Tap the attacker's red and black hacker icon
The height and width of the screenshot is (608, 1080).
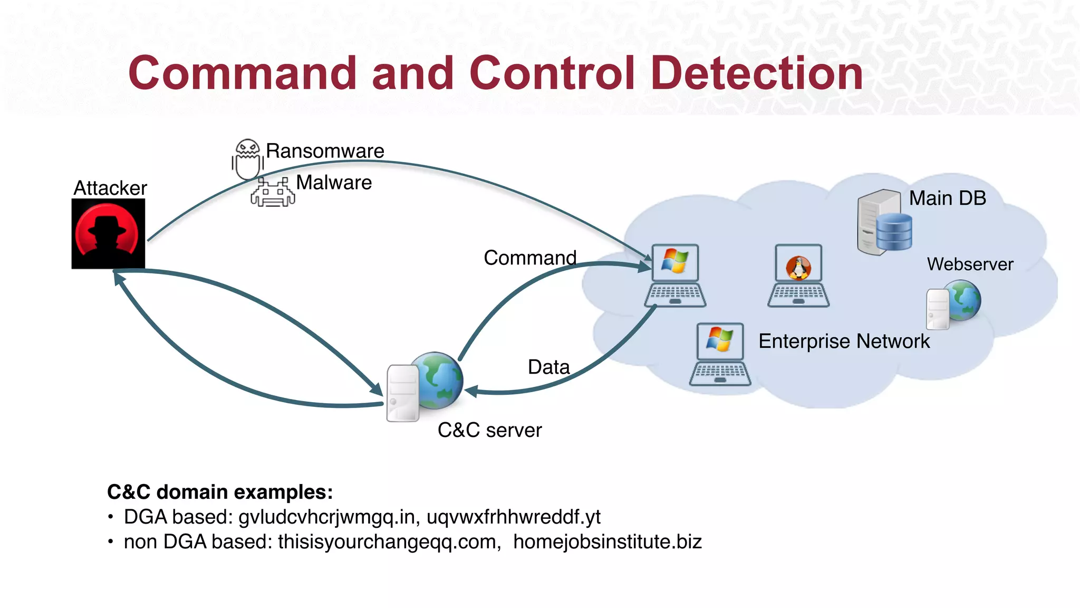(108, 234)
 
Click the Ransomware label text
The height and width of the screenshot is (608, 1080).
(325, 151)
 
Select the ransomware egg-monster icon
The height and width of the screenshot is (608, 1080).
(247, 158)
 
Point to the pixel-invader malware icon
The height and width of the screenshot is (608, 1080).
(273, 192)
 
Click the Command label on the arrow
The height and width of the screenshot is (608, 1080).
(529, 258)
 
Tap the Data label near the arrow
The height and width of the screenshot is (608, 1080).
(548, 367)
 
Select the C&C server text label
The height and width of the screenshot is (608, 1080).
(489, 430)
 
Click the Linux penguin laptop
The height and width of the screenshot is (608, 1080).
(798, 275)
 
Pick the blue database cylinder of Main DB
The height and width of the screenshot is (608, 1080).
(894, 232)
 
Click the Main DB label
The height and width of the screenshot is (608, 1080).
(947, 198)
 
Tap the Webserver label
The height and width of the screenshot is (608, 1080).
(970, 264)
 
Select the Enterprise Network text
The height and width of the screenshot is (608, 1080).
(844, 341)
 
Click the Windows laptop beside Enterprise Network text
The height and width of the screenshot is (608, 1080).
(720, 354)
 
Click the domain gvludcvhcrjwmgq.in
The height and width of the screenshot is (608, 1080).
(326, 517)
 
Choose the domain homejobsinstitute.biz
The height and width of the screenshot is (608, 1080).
(607, 542)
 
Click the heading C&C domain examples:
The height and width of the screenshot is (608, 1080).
(220, 492)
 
